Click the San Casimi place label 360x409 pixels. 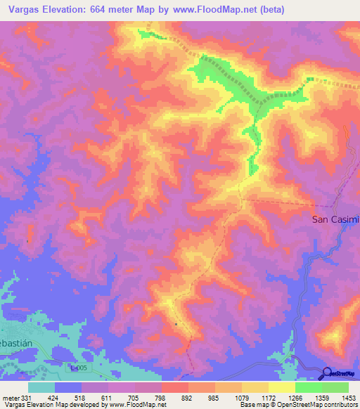pos(335,219)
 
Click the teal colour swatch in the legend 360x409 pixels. pos(41,387)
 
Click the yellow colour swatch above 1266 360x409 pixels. pos(281,387)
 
